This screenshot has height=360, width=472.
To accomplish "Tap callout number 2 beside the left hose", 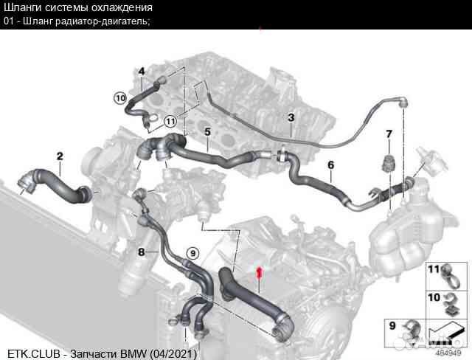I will pyautogui.click(x=60, y=156).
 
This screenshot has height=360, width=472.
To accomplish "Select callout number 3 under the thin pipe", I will pyautogui.click(x=291, y=118).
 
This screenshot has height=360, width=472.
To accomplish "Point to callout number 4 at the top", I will pyautogui.click(x=141, y=71).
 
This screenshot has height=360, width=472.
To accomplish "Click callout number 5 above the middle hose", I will pyautogui.click(x=208, y=132).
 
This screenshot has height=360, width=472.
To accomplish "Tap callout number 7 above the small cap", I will pyautogui.click(x=388, y=134).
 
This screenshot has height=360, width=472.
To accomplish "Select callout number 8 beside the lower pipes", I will pyautogui.click(x=141, y=252).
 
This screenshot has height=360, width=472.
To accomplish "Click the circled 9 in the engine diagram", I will pyautogui.click(x=192, y=254).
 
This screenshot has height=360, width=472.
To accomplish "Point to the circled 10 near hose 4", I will pyautogui.click(x=120, y=97).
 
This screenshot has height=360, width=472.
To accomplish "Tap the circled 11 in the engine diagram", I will pyautogui.click(x=170, y=121).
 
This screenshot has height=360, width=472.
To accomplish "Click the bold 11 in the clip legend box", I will pyautogui.click(x=434, y=268).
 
